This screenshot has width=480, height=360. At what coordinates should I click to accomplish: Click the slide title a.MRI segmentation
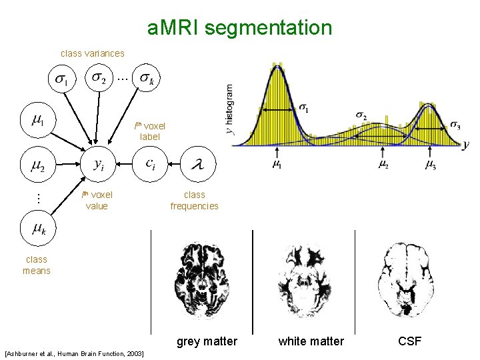pos(239,28)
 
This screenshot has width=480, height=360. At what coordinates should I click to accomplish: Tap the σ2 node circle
pos(99,79)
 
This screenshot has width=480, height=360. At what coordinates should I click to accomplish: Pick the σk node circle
pos(147,79)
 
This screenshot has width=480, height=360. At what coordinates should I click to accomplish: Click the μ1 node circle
pos(38,120)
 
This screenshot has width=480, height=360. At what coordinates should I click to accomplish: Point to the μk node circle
pos(38,229)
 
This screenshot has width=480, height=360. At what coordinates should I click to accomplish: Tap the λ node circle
pos(197,163)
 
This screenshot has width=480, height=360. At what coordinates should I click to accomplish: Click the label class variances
pos(92,53)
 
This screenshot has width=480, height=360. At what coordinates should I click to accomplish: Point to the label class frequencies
pos(194,201)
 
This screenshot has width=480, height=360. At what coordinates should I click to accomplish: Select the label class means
pos(36,265)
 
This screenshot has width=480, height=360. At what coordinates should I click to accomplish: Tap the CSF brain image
pos(407,279)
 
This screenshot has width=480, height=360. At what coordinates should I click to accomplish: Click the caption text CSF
pos(409,341)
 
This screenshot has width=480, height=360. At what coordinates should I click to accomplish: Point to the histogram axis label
pos(230,109)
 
